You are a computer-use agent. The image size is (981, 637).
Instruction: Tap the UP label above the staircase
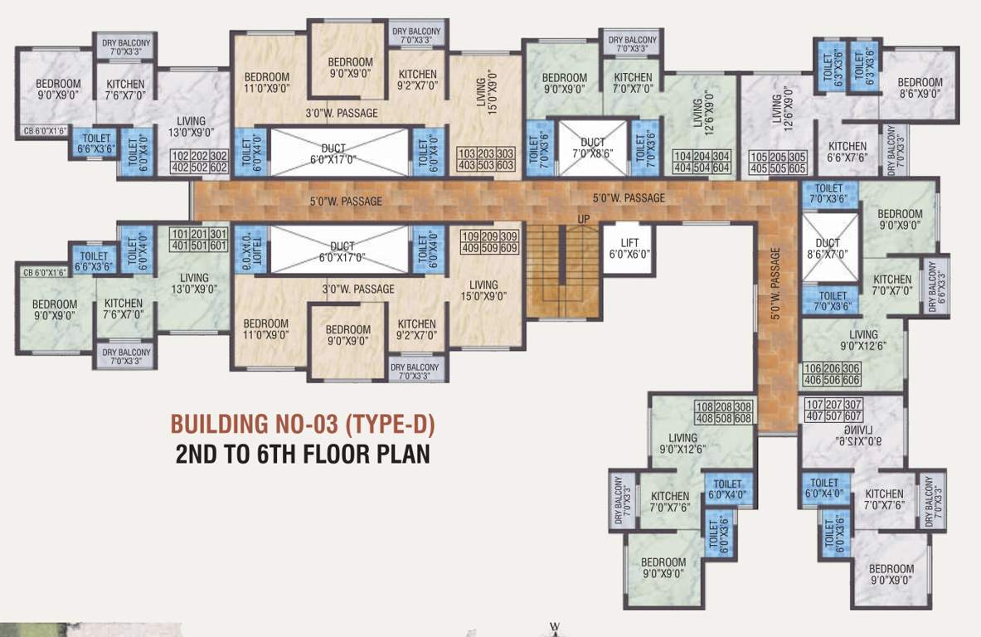(584, 218)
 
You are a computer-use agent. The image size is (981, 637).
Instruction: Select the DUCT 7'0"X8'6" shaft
(592, 148)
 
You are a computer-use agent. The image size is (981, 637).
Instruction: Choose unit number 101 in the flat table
(179, 233)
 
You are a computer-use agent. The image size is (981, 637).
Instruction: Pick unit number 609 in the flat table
(509, 247)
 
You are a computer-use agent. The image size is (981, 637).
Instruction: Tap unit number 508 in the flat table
(723, 418)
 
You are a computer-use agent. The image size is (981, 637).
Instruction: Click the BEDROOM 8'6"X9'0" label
(920, 88)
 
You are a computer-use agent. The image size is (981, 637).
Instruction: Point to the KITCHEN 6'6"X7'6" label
(847, 153)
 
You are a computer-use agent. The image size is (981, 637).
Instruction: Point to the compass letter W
(556, 626)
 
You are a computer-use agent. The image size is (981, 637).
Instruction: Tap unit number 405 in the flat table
(759, 168)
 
